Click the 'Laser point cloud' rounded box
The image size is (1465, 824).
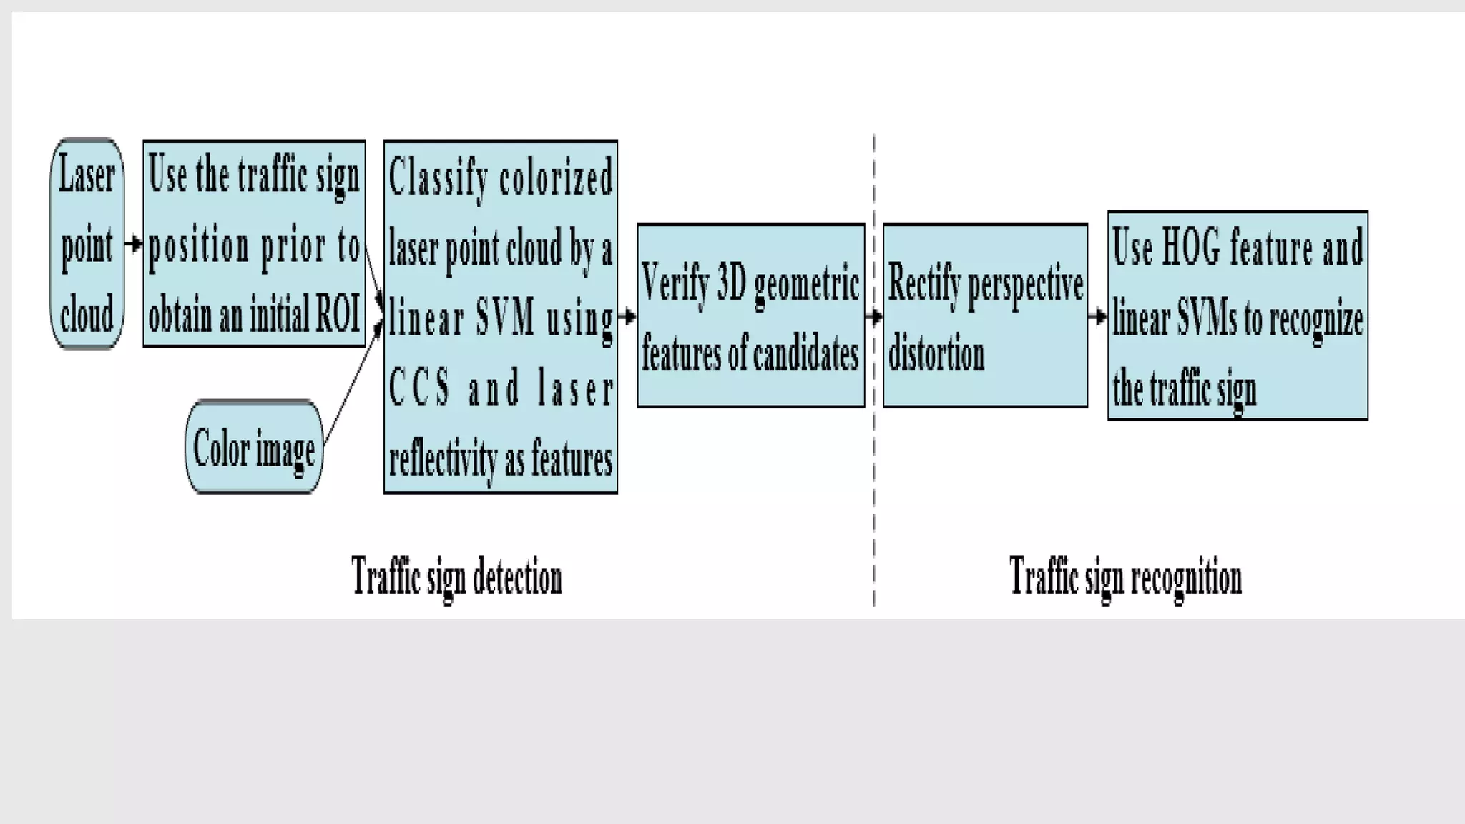[x=87, y=244]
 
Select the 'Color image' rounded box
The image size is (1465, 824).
[x=254, y=448]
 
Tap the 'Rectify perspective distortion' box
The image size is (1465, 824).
[x=985, y=315]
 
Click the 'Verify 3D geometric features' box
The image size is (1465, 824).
[x=750, y=315]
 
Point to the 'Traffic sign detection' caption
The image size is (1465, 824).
[x=456, y=577]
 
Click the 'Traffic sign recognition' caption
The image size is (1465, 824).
[x=1125, y=577]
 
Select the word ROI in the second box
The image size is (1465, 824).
[x=337, y=313]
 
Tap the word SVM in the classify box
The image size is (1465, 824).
[x=505, y=318]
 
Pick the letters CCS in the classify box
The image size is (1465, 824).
[x=420, y=388]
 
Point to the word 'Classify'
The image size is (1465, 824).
[x=438, y=177]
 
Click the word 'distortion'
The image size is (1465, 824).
[x=936, y=353]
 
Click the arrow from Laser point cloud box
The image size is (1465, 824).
[x=134, y=244]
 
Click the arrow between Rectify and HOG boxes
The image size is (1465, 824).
[x=1097, y=315]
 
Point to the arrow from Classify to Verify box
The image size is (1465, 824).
[x=627, y=315]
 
